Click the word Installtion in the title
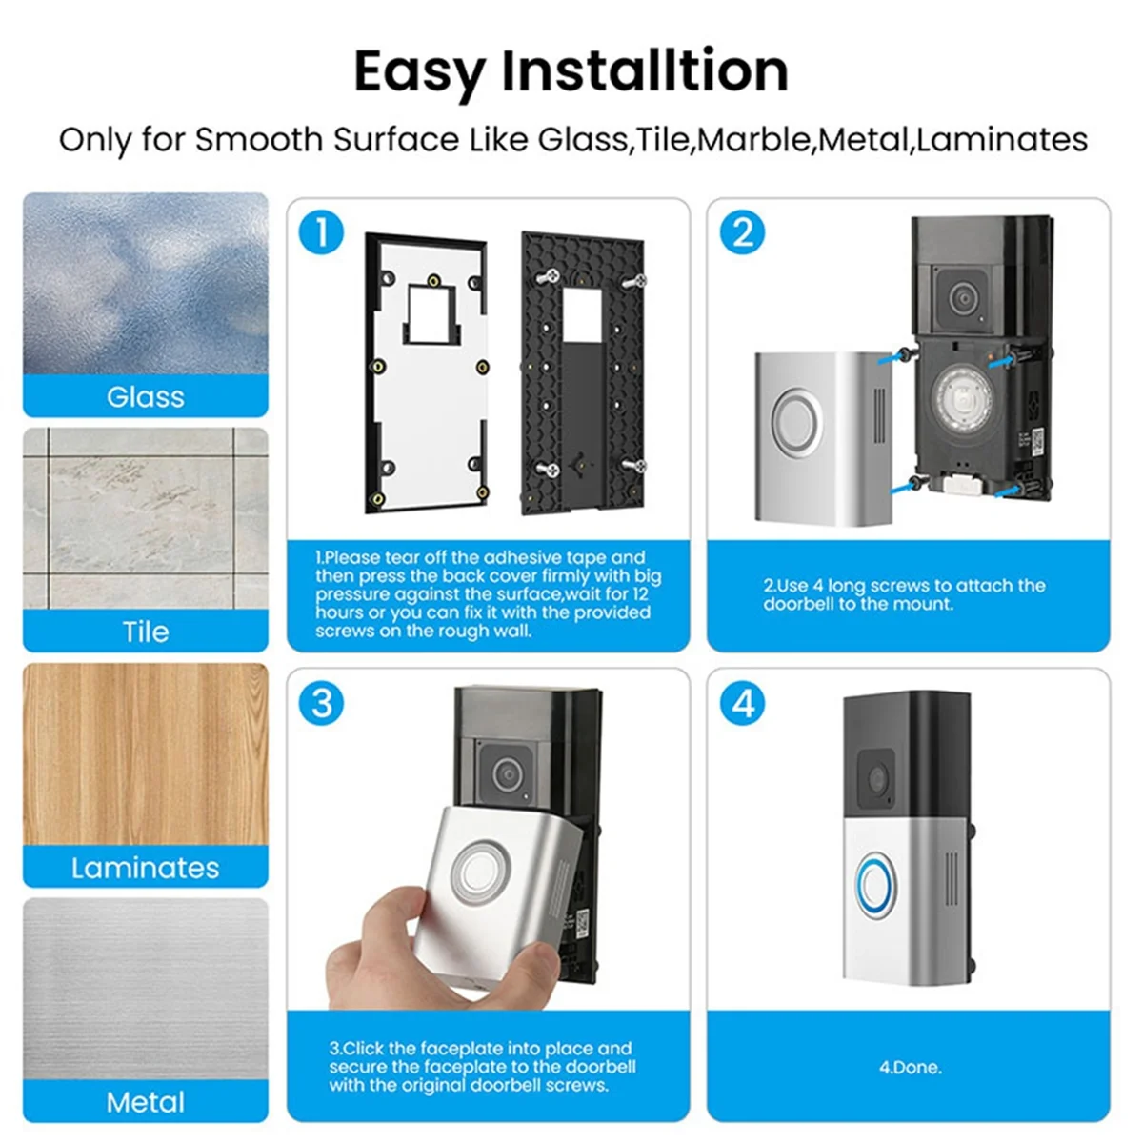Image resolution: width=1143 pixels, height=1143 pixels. click(x=645, y=71)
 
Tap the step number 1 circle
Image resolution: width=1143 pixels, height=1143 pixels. click(x=321, y=232)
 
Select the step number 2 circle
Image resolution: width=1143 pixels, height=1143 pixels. click(x=742, y=232)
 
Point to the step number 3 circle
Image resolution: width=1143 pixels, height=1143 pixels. click(x=321, y=703)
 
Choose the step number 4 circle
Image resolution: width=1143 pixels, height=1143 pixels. click(x=742, y=703)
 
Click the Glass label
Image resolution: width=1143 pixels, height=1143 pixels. click(x=145, y=396)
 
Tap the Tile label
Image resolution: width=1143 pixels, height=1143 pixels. click(x=145, y=632)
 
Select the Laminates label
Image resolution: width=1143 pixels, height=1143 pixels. click(x=145, y=867)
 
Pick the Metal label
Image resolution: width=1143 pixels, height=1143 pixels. click(x=145, y=1102)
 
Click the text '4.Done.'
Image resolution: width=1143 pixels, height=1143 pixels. click(x=910, y=1067)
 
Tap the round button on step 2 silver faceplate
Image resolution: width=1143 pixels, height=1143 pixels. click(x=797, y=420)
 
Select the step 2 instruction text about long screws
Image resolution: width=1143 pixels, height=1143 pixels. click(x=904, y=594)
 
